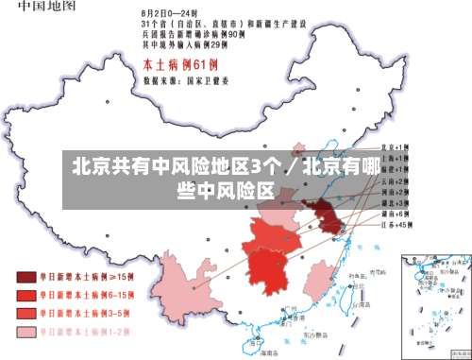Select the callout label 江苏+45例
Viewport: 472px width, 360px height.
tap(394, 226)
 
